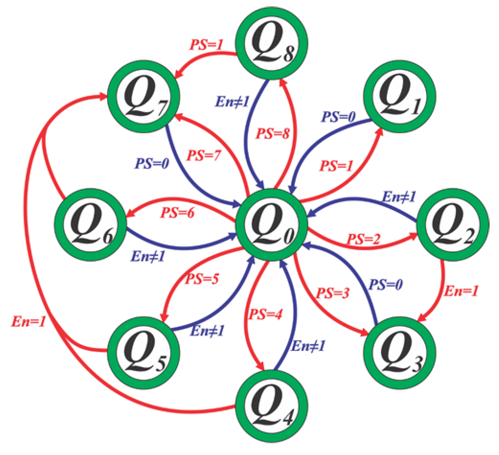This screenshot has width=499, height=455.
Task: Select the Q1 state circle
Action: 399,97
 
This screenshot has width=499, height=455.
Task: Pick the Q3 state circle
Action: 399,353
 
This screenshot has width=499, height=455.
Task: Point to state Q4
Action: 271,406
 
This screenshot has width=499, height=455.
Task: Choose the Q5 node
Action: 144,353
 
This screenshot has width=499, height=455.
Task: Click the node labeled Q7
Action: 144,97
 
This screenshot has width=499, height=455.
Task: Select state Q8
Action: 271,43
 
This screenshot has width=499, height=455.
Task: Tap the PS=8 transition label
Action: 273,134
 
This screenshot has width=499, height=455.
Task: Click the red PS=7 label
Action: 204,155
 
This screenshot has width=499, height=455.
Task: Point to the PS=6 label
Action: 177,213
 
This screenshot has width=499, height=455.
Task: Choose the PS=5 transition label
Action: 202,279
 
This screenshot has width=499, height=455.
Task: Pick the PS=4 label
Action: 266,314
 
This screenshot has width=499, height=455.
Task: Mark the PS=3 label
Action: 333,293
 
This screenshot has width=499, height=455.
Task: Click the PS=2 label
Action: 364,239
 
